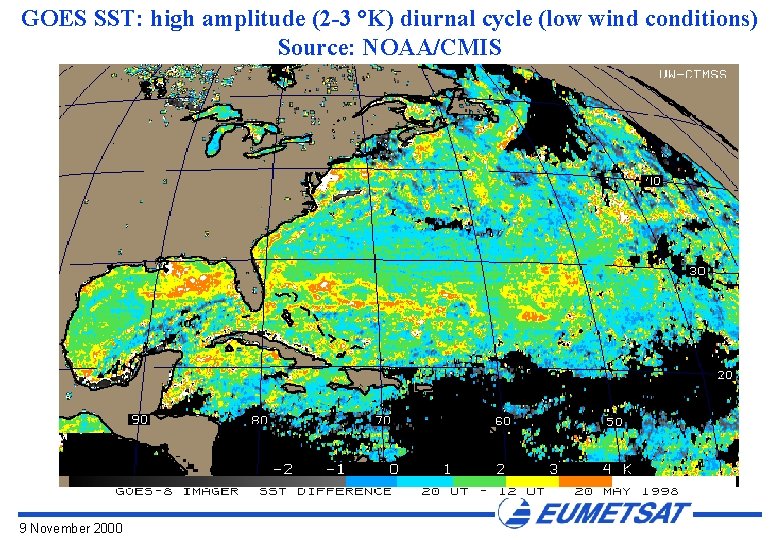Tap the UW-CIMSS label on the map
693,74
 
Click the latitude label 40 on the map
652,181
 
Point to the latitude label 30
697,271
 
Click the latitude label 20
726,375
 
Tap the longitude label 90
139,420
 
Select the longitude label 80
259,421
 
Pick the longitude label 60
503,422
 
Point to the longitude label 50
613,422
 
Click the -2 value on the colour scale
284,468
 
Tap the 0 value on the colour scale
394,468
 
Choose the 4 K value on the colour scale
616,468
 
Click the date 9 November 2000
70,527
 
